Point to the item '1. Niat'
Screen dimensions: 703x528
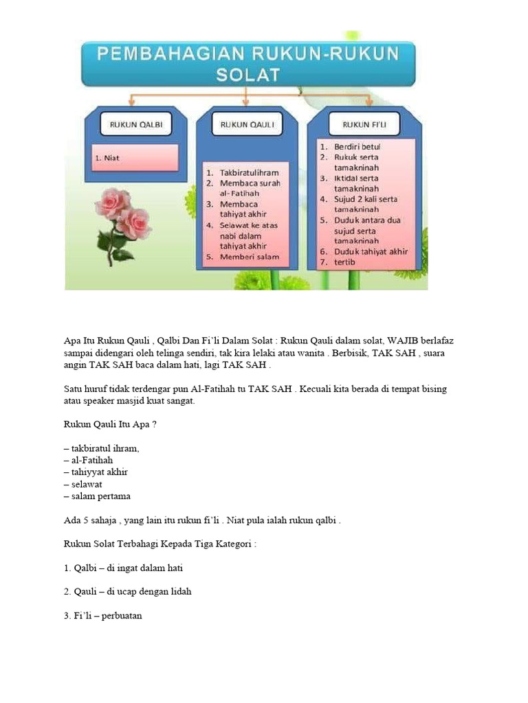(x=107, y=157)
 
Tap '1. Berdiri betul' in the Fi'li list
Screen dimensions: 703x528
(x=357, y=146)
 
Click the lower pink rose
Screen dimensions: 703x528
(x=133, y=223)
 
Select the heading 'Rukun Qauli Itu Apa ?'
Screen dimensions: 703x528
(x=110, y=424)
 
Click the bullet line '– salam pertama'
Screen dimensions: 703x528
(x=97, y=496)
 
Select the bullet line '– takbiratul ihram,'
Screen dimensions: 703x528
(x=101, y=448)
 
